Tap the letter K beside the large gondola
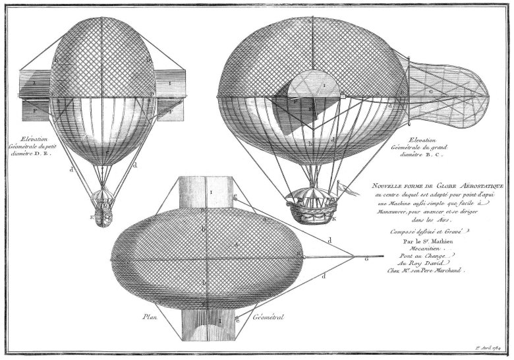coord(336,217)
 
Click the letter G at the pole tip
coord(366,260)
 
